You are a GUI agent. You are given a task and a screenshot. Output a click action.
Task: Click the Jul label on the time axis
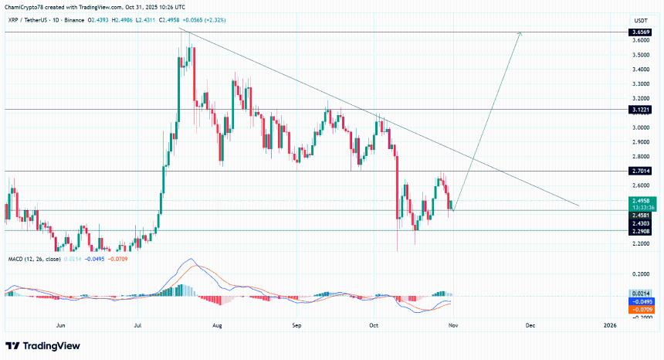tap(137, 327)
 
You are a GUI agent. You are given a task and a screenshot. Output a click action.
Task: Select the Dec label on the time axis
tap(530, 327)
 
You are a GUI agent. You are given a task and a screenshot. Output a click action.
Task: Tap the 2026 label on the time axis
tap(610, 327)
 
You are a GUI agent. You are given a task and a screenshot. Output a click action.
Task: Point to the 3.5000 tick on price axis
tap(640, 56)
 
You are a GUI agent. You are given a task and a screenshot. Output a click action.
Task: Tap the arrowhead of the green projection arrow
tap(521, 33)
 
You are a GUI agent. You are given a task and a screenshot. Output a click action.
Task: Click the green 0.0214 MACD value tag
tap(641, 294)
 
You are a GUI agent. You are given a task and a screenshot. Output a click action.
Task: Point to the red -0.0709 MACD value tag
tap(641, 309)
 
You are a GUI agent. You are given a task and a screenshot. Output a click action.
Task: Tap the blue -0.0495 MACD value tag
tap(641, 301)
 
